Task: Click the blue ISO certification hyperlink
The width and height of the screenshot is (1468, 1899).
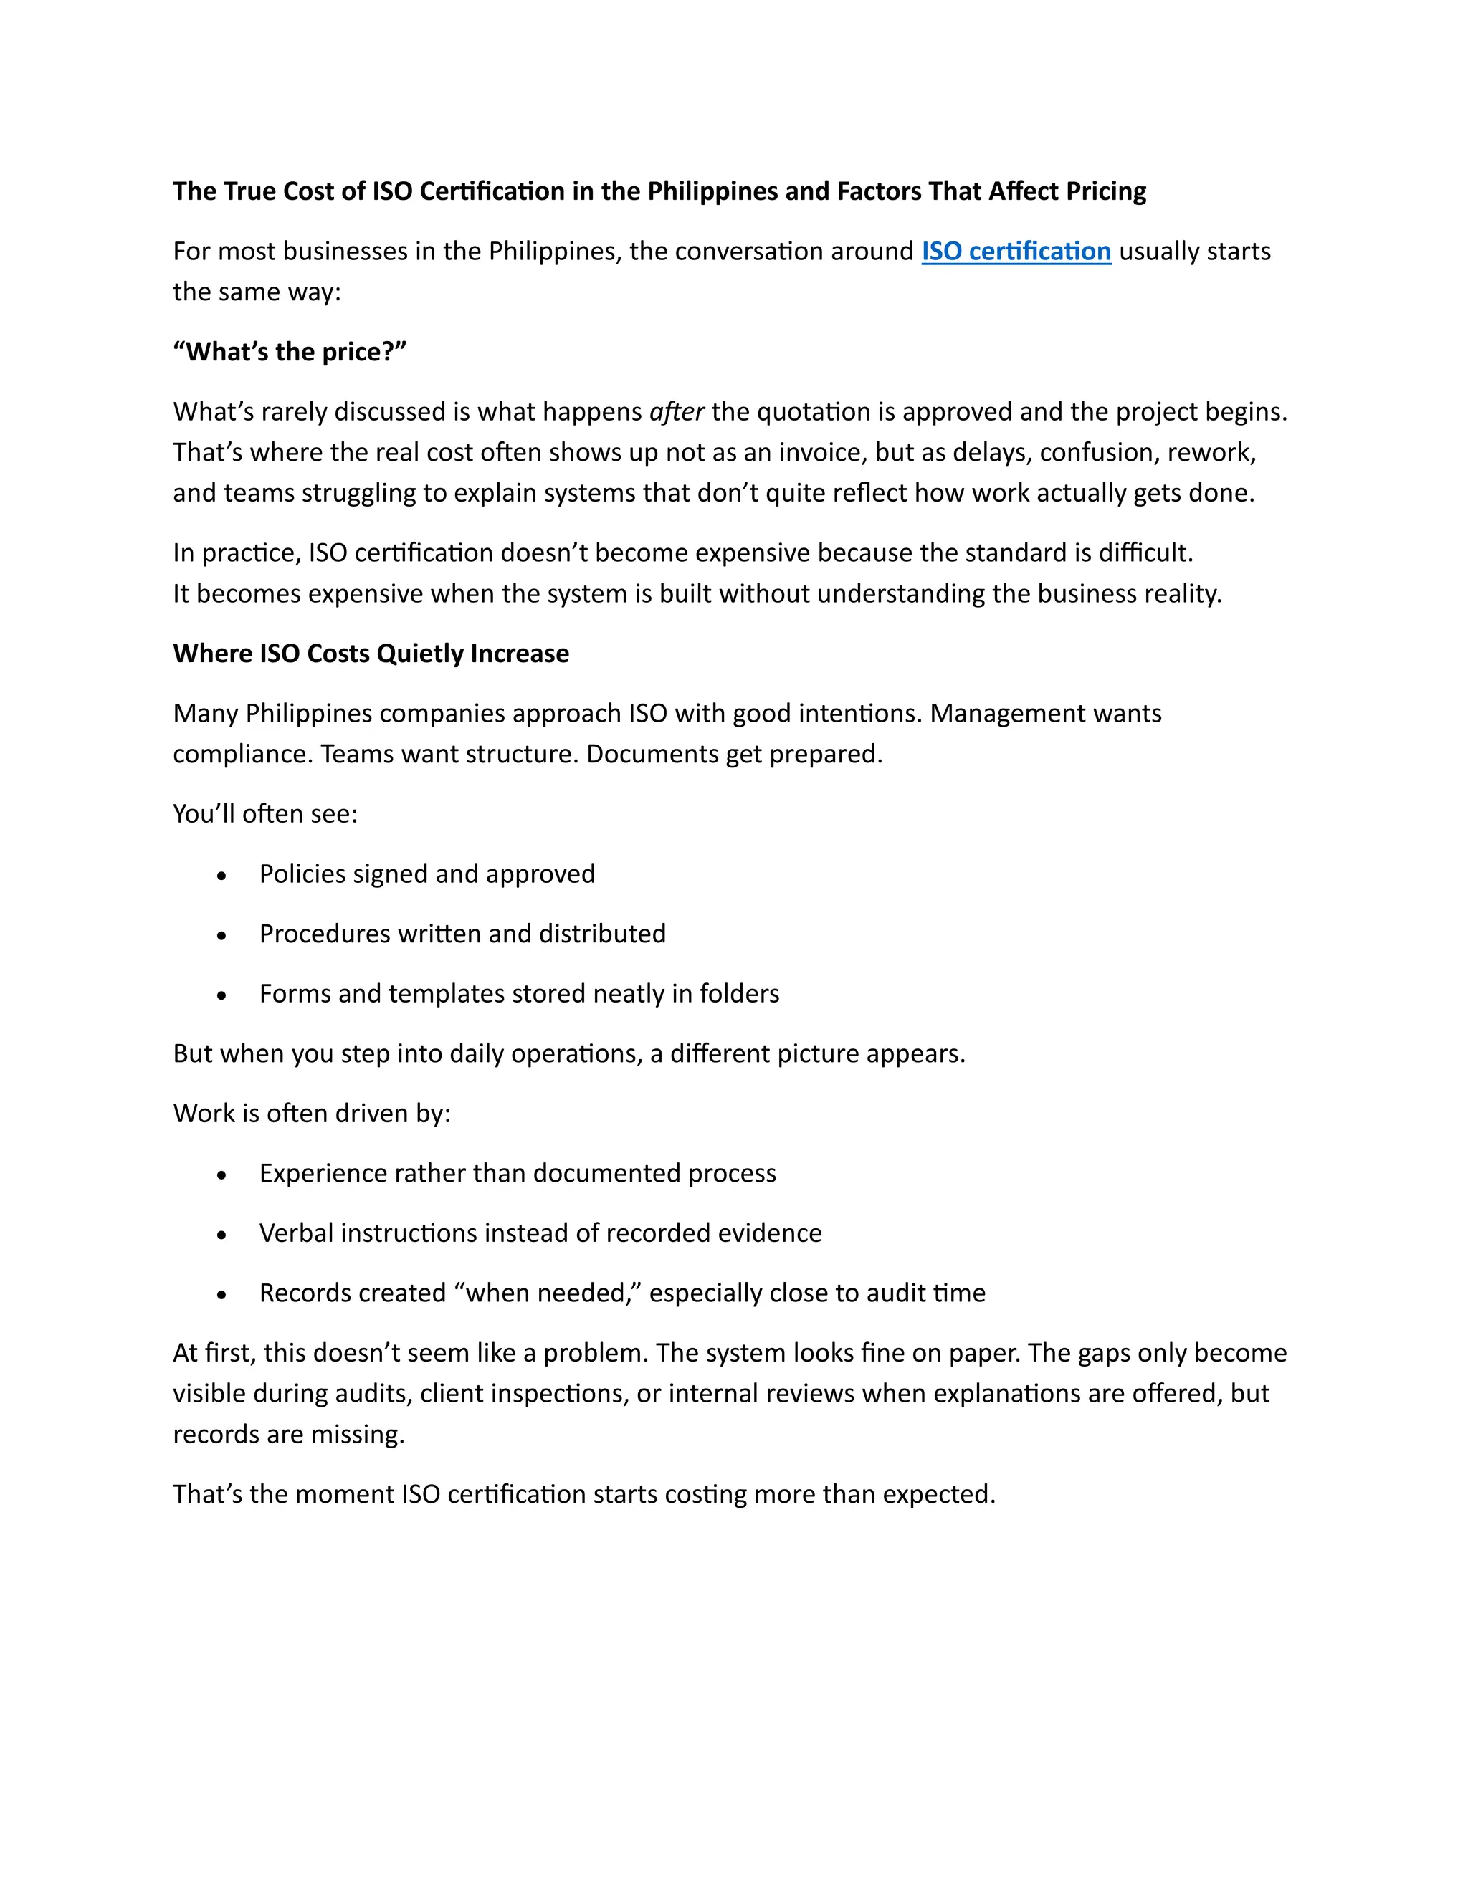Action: click(x=1016, y=252)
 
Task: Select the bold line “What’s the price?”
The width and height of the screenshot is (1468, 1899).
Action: click(x=290, y=352)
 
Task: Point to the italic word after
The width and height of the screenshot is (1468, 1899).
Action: click(x=677, y=412)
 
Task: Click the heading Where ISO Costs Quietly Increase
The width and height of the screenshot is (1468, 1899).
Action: click(x=371, y=654)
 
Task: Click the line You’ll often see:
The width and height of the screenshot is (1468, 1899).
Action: click(x=265, y=815)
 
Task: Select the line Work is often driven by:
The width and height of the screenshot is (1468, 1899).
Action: click(x=311, y=1114)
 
